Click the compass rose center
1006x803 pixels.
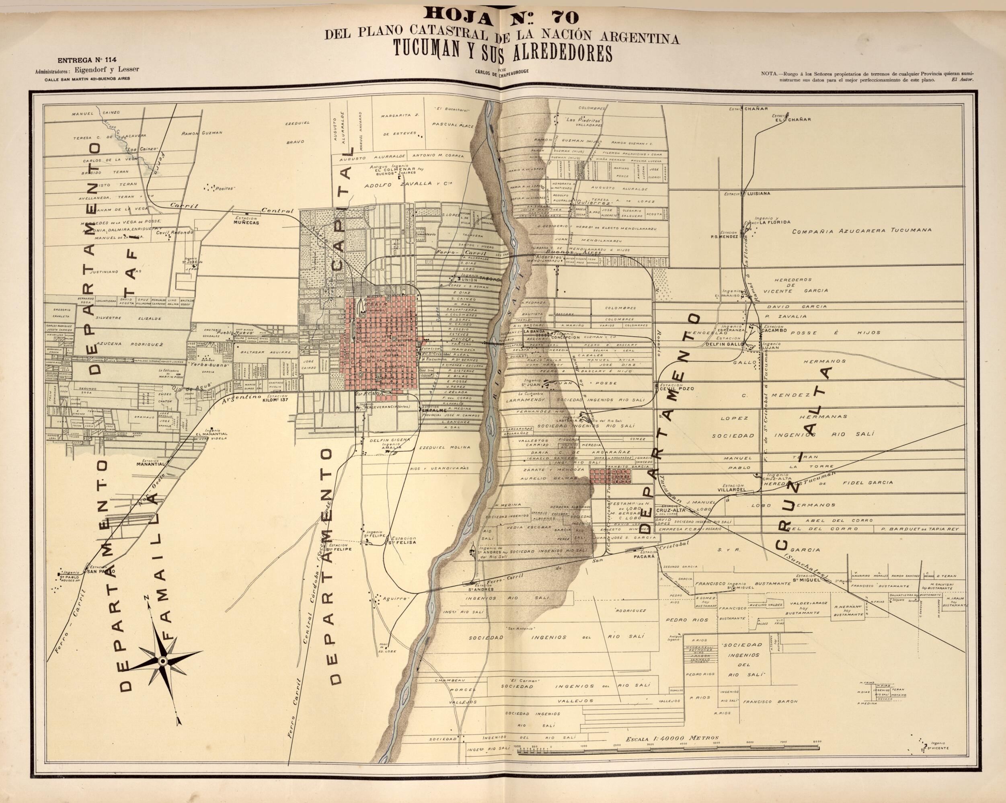(x=162, y=661)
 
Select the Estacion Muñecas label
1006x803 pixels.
(x=246, y=220)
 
